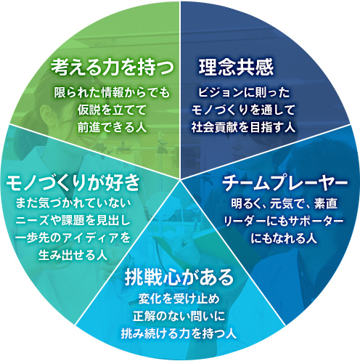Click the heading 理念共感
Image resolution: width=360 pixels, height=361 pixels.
click(236, 67)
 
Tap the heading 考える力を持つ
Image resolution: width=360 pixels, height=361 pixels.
click(112, 67)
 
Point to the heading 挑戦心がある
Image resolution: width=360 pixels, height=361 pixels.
click(179, 277)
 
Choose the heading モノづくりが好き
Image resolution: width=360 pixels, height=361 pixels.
click(73, 182)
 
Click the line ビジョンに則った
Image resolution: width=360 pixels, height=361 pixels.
click(244, 93)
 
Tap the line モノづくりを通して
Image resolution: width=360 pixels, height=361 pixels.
click(244, 110)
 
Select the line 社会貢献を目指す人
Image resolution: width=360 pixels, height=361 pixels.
click(244, 127)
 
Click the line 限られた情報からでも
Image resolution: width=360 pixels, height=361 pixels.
click(112, 93)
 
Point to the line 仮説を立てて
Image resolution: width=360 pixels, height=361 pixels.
click(112, 110)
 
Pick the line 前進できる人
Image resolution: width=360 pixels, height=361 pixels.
click(112, 127)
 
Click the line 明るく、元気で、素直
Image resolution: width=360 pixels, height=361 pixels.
click(284, 203)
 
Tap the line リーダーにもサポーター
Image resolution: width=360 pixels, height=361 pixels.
click(284, 221)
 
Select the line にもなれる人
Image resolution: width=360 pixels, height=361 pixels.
click(284, 238)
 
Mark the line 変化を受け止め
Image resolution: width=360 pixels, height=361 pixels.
click(179, 299)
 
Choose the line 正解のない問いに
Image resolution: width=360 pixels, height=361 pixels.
click(179, 316)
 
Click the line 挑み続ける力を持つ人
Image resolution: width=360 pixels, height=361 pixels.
click(179, 333)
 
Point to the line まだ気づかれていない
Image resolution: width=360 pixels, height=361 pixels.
click(73, 203)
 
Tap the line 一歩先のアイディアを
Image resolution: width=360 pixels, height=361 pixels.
click(73, 238)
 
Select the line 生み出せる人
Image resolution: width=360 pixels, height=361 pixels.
click(73, 255)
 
